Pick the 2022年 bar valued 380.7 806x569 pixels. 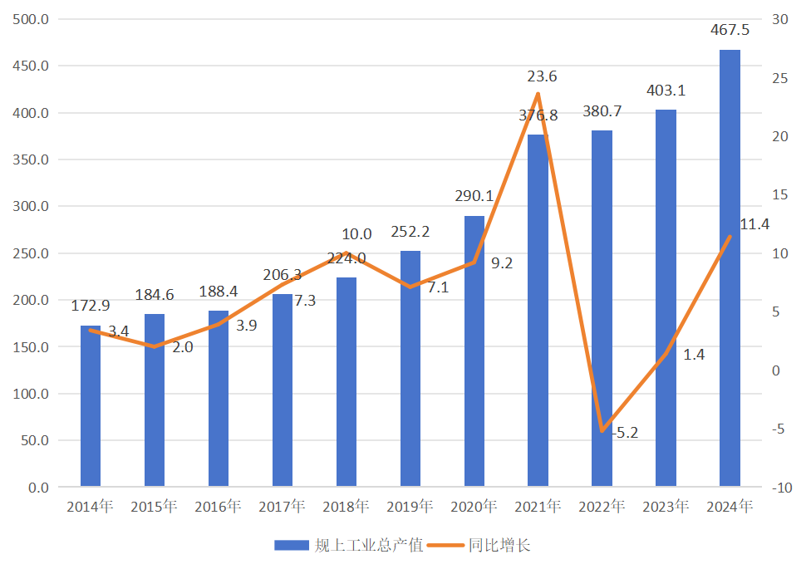tap(602, 307)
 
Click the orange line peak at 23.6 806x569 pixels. tap(538, 94)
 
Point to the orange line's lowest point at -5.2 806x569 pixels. tap(602, 431)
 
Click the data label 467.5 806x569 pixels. tap(730, 31)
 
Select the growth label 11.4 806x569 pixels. tap(754, 224)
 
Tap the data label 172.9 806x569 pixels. tap(91, 307)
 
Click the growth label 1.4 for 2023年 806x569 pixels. tap(694, 355)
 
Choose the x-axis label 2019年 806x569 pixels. tap(410, 507)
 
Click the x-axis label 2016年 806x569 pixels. tap(218, 507)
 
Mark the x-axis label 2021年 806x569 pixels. tap(538, 507)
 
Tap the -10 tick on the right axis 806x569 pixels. tap(780, 488)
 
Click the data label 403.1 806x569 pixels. tap(666, 91)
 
